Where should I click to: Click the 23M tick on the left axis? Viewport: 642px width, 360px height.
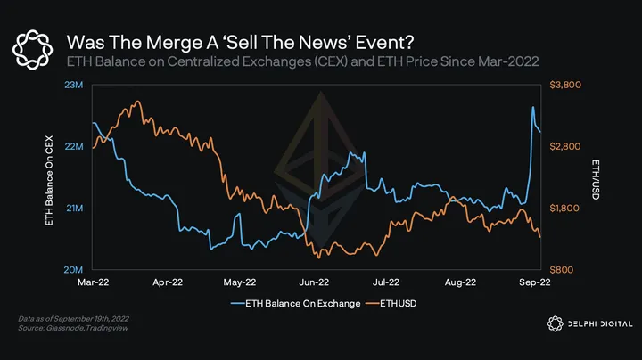(x=73, y=85)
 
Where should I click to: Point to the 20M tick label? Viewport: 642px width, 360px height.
(x=73, y=269)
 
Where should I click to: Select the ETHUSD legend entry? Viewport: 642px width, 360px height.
(x=399, y=304)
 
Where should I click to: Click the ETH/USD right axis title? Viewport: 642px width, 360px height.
(x=594, y=177)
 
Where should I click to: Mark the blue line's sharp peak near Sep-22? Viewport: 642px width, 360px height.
(x=533, y=107)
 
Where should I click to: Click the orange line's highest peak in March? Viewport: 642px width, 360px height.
(x=136, y=102)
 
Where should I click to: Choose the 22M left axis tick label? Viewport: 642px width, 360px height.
(x=73, y=146)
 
